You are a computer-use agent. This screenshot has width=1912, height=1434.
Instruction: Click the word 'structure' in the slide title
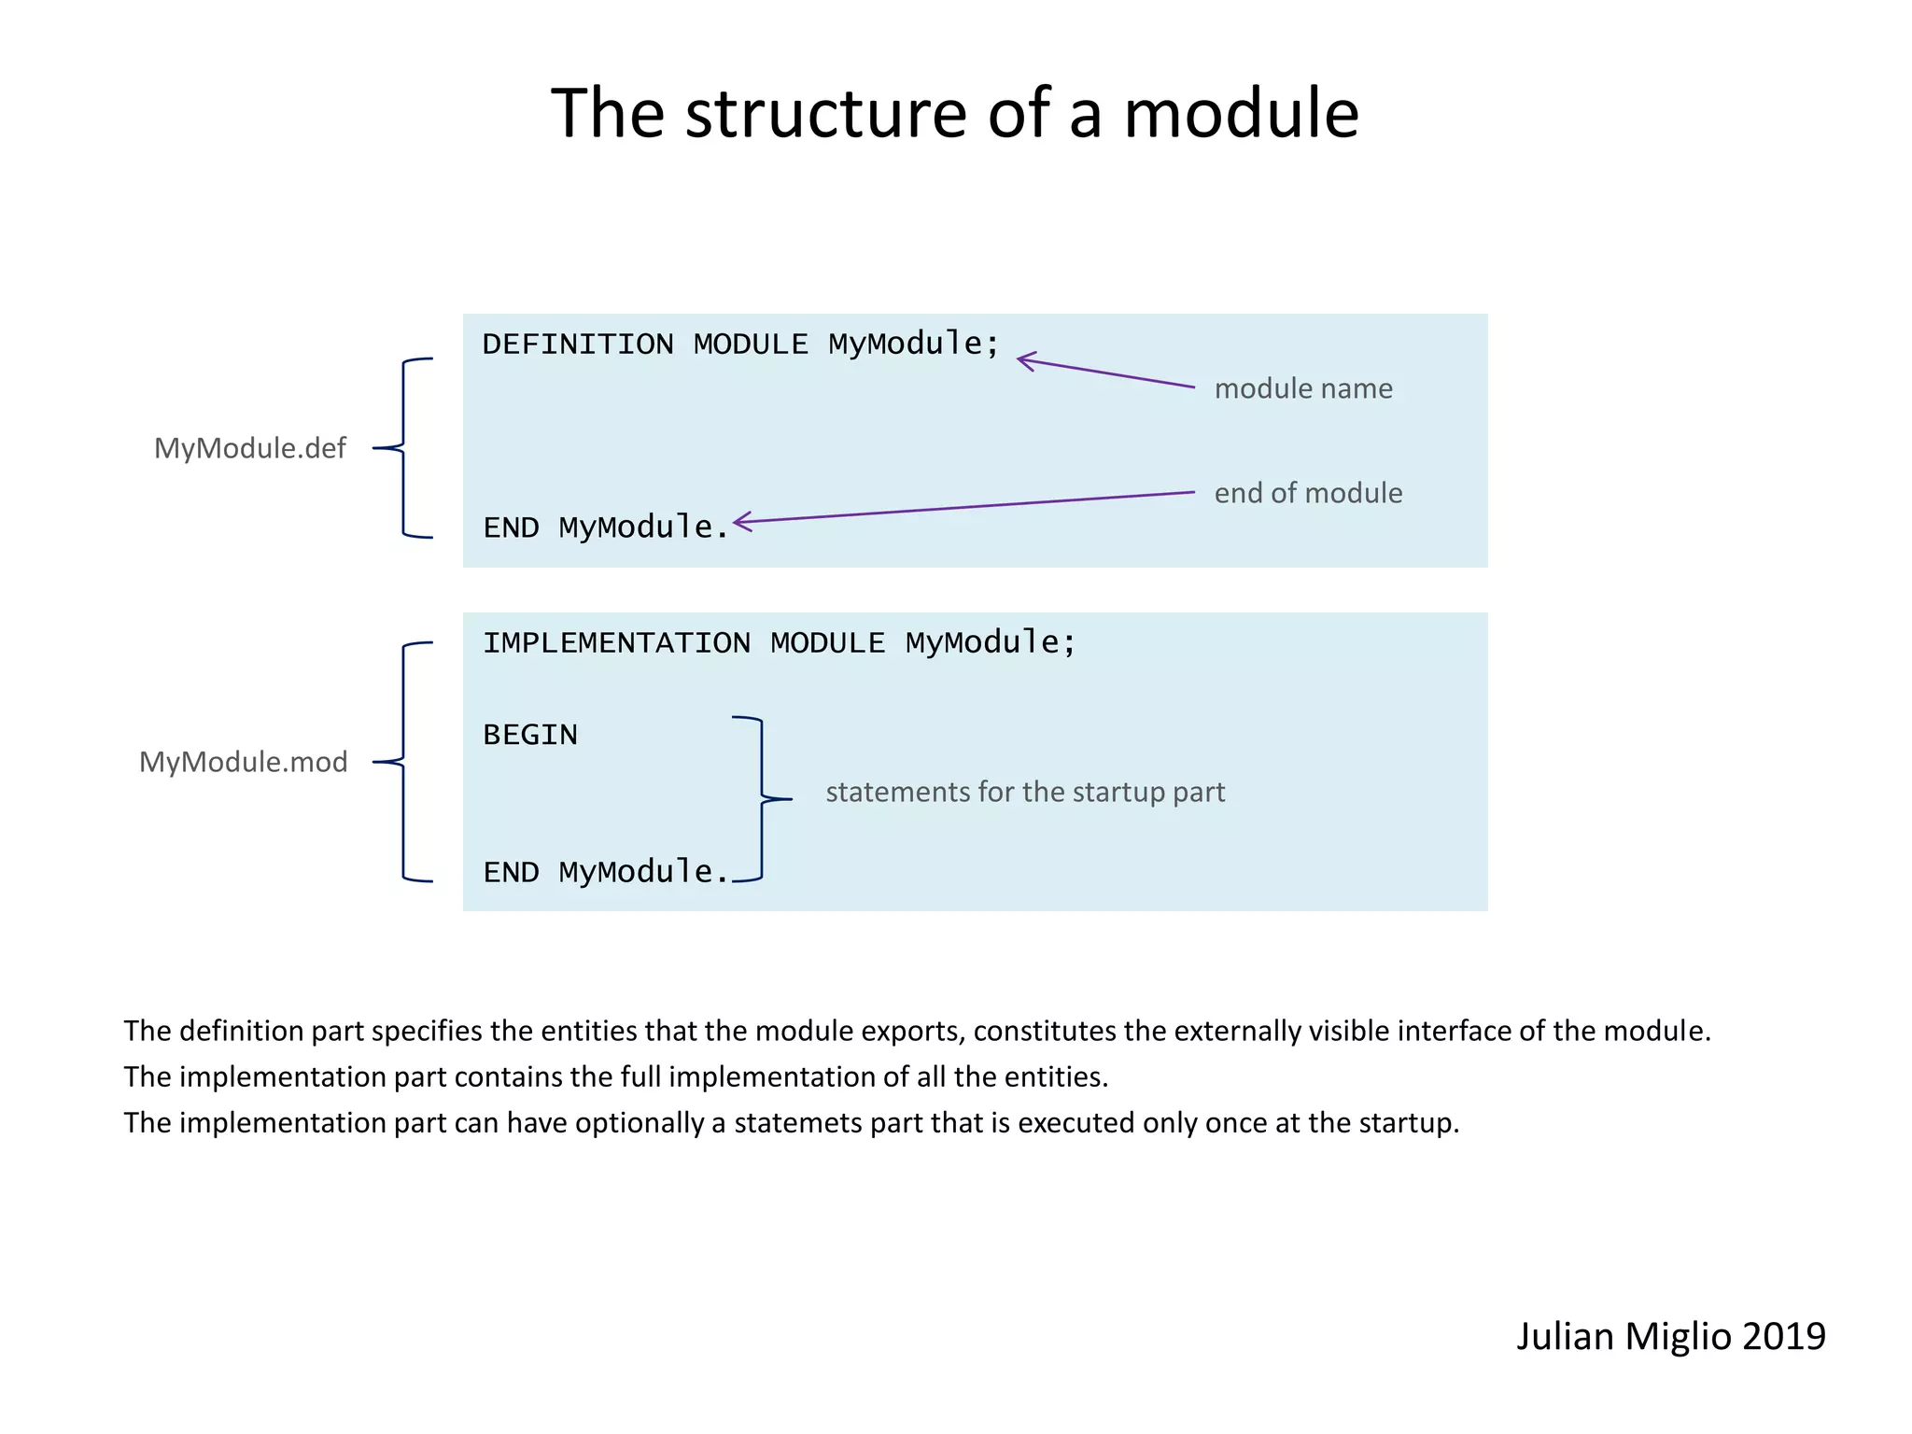click(x=827, y=113)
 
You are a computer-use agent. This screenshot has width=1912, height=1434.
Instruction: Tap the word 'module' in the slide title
click(x=1241, y=113)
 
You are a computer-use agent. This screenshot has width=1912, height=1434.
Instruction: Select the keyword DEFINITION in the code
click(x=578, y=344)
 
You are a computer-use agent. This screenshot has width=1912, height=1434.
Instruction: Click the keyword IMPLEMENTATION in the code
click(x=616, y=643)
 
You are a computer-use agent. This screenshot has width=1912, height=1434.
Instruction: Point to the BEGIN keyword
click(x=530, y=735)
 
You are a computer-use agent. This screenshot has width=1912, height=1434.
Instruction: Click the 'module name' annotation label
click(x=1303, y=388)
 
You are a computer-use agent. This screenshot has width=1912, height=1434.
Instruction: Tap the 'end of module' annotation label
click(x=1308, y=493)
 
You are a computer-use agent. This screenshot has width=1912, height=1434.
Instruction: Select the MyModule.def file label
click(x=249, y=448)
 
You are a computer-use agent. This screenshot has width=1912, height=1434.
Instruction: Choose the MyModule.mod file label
click(x=243, y=762)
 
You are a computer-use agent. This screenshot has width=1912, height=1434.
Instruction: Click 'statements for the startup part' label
click(x=1025, y=792)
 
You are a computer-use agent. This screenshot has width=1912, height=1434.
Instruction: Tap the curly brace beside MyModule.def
click(x=403, y=448)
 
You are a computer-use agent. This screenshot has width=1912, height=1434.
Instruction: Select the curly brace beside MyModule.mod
click(x=403, y=762)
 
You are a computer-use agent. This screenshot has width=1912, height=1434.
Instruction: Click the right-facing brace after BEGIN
click(x=763, y=799)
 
